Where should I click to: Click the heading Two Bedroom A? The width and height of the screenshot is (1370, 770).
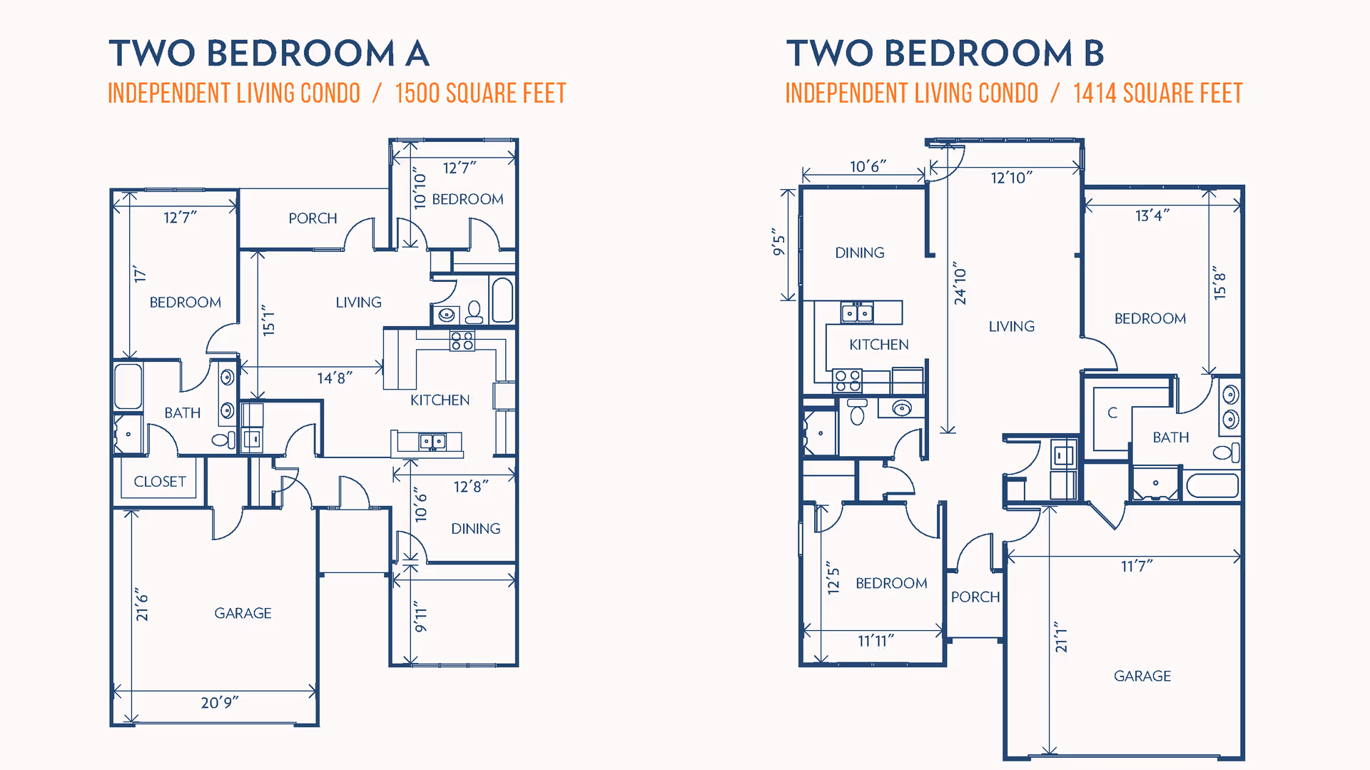pos(269,54)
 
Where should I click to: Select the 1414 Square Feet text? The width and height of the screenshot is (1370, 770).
pos(1157,93)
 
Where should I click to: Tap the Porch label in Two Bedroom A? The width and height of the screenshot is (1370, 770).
pos(313,218)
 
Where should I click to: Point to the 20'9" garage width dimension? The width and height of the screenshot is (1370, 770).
pos(220,703)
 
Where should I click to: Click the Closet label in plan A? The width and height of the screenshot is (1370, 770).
pos(160,482)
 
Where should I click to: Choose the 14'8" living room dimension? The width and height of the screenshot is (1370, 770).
pos(335,378)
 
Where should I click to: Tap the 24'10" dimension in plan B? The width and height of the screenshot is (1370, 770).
pos(960,283)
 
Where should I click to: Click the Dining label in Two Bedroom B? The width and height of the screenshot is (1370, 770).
pos(860,253)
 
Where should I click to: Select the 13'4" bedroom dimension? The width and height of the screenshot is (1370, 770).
pos(1152,216)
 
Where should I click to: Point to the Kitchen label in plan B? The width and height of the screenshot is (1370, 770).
pos(879,345)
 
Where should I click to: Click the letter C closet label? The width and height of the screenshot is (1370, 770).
pos(1112,412)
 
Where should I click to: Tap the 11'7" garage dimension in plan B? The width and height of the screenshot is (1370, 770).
pos(1137,567)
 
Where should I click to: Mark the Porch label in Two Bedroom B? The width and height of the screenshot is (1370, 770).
pos(975,597)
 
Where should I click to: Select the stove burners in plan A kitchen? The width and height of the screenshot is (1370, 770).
pos(462,341)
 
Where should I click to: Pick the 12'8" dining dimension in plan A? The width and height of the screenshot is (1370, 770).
pos(471,487)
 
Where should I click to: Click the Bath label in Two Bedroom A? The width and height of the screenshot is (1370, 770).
pos(183,413)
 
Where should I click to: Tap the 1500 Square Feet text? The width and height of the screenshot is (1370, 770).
pos(480,93)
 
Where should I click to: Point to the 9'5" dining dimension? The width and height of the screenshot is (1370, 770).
pos(778,243)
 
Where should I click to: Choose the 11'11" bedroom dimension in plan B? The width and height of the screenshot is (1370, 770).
pos(876,642)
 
